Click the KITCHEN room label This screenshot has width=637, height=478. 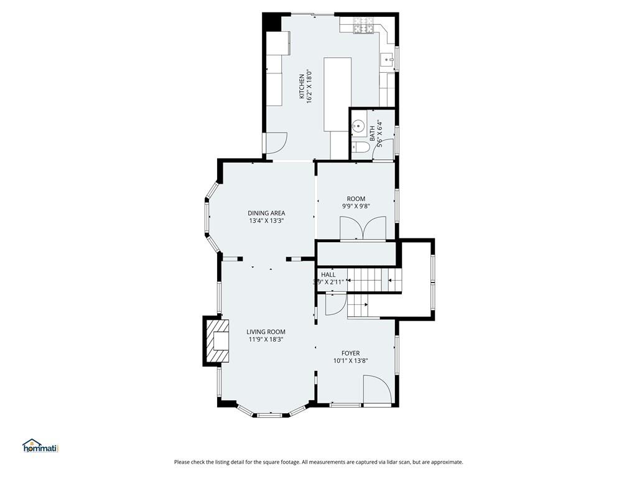click(302, 86)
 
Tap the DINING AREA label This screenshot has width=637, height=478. click(266, 213)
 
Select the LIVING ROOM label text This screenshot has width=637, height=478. click(266, 332)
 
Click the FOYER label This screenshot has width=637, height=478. click(351, 354)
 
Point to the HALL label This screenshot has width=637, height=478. click(328, 274)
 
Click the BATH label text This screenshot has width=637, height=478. click(373, 134)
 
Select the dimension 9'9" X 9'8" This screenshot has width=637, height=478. click(356, 206)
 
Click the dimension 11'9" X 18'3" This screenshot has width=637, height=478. click(266, 339)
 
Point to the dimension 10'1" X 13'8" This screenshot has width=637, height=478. click(351, 360)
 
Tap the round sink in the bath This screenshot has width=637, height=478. click(358, 126)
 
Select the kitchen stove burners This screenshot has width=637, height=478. click(363, 25)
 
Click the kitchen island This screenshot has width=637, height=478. click(337, 95)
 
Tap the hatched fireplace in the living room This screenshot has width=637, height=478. click(217, 340)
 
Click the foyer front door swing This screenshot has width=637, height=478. click(378, 390)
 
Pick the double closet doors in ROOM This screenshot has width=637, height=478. click(363, 228)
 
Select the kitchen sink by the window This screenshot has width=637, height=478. click(387, 60)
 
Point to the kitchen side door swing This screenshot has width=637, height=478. click(276, 143)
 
